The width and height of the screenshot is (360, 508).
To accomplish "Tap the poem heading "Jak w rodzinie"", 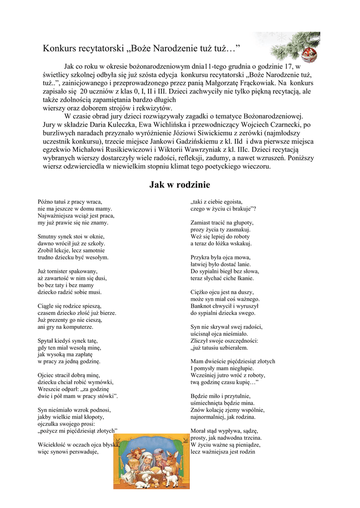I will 180,185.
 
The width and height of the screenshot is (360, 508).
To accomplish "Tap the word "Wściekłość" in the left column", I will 52,445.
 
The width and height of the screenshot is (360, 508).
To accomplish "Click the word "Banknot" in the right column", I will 201,306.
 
